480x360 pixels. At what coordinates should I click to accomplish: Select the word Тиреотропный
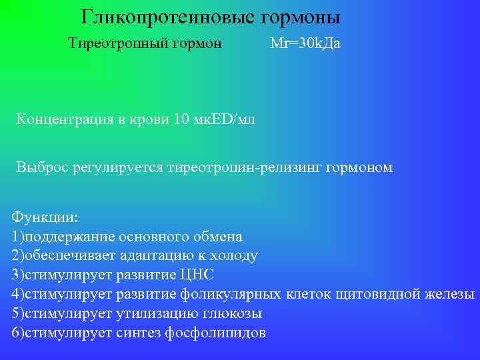(111, 44)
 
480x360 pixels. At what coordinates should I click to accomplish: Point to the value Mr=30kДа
(305, 44)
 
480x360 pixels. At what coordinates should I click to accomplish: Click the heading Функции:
(45, 218)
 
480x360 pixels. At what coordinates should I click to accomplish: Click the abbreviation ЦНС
(197, 275)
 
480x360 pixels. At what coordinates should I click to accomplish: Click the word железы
(453, 295)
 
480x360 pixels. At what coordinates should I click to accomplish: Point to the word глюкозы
(233, 314)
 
